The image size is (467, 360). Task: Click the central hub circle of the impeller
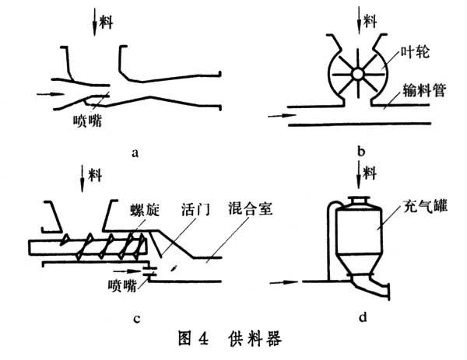(357, 73)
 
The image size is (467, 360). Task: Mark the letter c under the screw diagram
(136, 316)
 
